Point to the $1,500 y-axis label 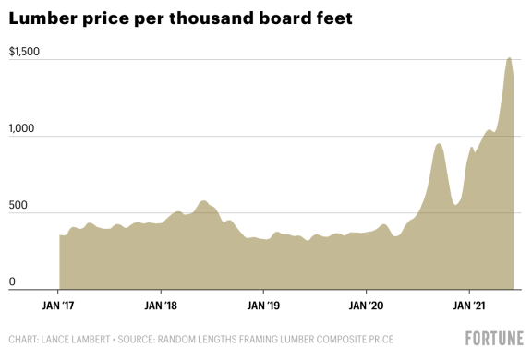(23, 52)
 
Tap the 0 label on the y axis (11, 282)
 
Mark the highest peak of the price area (509, 58)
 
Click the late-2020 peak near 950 (439, 144)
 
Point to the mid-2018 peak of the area (203, 201)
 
